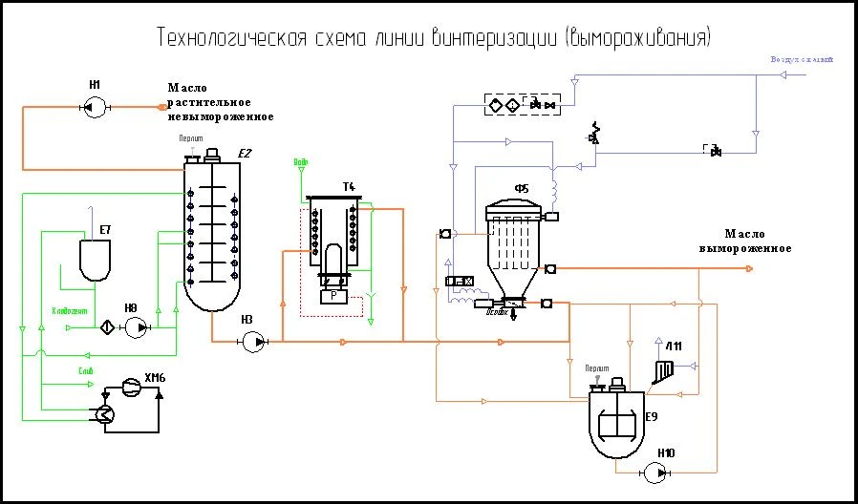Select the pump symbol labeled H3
point(253,341)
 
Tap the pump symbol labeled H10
point(658,471)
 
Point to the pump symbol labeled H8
point(138,327)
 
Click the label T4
point(349,184)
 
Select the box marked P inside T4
point(332,297)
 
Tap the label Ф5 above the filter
point(521,189)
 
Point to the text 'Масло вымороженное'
point(744,241)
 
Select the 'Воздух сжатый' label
point(802,59)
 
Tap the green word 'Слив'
point(84,370)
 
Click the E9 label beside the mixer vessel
point(651,416)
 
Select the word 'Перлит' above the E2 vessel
point(191,138)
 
